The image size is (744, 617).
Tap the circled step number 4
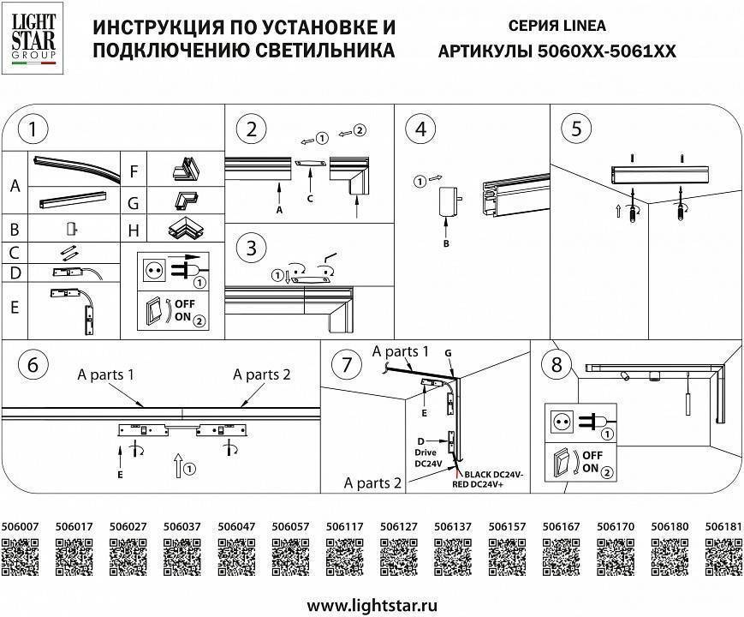420,130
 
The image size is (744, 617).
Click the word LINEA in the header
581,27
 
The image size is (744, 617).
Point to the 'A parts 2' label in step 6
262,374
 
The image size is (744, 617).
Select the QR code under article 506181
723,558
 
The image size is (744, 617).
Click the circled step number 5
577,129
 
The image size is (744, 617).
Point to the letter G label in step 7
449,352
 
